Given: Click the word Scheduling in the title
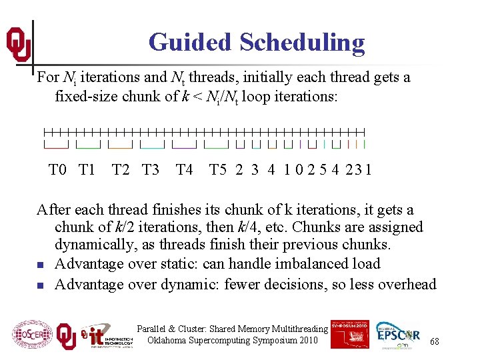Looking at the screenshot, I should point(302,43).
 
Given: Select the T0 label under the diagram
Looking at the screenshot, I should point(58,170).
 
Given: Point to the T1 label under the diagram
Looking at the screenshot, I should point(87,170).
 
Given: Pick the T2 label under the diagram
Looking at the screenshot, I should point(121,170).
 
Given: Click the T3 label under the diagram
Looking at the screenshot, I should point(151,170).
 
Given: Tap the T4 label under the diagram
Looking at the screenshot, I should point(184,170).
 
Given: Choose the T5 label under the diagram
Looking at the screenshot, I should point(218,170).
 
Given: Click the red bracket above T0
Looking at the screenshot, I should point(56,145).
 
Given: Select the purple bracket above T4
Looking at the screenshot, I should point(184,145).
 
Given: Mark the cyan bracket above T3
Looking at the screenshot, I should point(152,145).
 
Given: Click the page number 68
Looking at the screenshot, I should point(434,341).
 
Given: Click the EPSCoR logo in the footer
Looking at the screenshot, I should point(399,335).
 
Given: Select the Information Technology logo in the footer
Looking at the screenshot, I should point(106,335).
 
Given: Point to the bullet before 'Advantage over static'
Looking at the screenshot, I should point(40,265).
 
